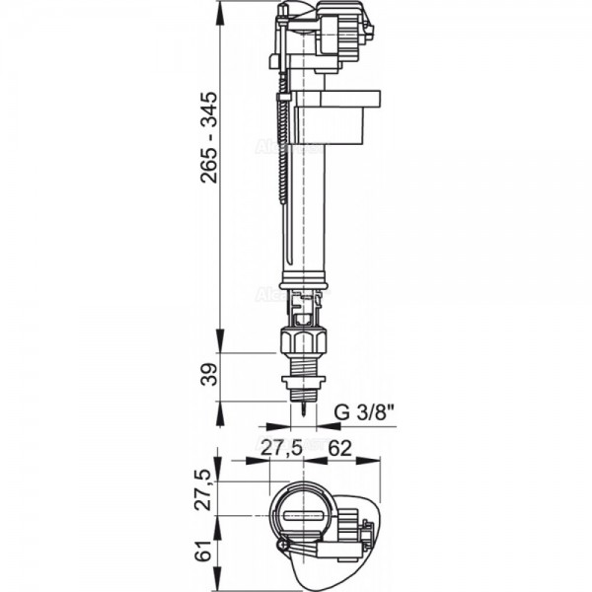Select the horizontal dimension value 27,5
pyautogui.click(x=281, y=446)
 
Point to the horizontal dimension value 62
pyautogui.click(x=341, y=446)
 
